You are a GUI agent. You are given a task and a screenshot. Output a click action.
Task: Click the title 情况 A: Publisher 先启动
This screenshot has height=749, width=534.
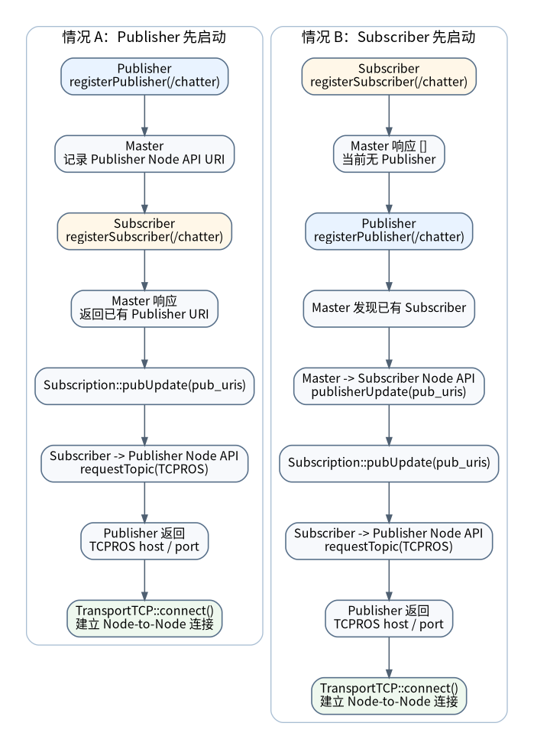point(144,37)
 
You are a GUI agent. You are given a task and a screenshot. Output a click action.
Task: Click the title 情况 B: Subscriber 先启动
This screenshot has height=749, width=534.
point(389,37)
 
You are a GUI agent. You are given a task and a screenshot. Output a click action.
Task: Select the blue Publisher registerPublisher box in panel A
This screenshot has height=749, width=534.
point(144,76)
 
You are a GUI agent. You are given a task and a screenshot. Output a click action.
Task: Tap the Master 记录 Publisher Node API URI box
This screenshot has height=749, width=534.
point(144,154)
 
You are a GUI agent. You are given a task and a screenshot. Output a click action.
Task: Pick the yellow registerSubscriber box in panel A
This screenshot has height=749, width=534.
point(144,231)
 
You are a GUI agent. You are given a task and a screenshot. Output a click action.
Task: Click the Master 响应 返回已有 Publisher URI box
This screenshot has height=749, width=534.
point(144,309)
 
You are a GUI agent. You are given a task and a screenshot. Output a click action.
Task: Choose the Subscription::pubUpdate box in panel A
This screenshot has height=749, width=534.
point(144,386)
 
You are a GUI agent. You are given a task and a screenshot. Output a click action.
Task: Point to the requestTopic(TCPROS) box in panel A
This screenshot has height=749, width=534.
point(144,463)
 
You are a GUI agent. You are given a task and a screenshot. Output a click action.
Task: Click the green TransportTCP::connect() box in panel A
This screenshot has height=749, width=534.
point(144,618)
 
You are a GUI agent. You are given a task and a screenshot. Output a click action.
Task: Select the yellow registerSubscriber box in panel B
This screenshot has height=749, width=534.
point(389,76)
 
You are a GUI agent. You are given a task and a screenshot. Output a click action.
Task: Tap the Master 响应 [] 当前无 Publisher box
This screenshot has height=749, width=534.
point(389,154)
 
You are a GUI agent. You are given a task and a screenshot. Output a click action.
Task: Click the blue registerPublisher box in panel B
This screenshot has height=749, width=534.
point(389,231)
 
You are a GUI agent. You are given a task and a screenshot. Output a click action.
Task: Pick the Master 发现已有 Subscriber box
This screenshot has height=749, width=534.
point(389,309)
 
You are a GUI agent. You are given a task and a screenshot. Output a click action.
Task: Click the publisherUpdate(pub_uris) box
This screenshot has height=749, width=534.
point(389,386)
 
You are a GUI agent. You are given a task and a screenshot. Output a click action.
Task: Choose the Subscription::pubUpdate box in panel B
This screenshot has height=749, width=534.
point(389,463)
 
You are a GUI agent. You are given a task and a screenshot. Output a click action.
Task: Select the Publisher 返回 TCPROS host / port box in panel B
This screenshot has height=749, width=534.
point(389,618)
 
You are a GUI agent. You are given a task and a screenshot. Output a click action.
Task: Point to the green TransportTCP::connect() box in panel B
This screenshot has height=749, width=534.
point(389,695)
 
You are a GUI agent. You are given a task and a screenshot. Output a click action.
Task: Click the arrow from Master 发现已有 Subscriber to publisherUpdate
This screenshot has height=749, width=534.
point(389,347)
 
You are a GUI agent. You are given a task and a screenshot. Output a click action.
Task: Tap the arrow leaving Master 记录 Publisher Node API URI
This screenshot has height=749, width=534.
point(144,193)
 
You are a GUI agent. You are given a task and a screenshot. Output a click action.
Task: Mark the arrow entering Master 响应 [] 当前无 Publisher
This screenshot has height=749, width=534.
point(389,115)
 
